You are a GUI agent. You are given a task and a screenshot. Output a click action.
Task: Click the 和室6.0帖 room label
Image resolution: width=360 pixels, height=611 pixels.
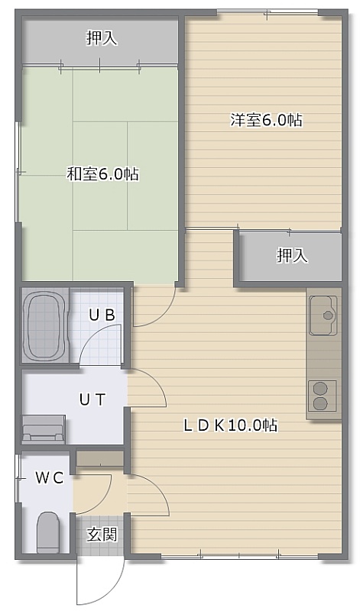103,173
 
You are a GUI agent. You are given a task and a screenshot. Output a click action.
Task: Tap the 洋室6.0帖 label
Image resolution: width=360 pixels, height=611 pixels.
266,120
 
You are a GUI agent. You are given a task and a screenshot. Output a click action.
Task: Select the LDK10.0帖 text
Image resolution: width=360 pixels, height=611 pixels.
231,425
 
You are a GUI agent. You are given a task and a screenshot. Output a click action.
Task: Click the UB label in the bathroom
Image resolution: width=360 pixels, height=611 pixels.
102,315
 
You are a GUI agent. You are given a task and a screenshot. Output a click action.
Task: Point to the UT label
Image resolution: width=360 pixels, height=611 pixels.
92,399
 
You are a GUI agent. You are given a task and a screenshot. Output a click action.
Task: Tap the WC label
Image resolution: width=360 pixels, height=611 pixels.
50,478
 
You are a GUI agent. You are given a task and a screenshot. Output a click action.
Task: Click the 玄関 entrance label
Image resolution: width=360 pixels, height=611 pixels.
102,534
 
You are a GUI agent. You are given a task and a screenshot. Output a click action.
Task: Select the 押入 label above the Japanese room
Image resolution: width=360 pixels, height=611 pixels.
102,38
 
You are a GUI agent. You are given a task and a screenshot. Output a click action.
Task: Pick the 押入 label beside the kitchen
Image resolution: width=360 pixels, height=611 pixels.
293,256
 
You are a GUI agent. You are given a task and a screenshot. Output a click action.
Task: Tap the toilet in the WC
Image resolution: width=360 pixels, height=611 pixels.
48,532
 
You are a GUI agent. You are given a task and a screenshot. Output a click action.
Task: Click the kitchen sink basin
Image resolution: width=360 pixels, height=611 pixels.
323,315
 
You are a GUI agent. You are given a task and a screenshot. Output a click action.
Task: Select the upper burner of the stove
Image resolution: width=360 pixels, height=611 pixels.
319,389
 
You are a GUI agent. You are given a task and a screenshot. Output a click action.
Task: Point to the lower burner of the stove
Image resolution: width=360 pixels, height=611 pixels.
319,403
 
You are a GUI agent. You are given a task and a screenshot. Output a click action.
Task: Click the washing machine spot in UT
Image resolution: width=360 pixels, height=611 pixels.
44,429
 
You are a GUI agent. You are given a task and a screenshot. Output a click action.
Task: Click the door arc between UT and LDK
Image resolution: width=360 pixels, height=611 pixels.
156,381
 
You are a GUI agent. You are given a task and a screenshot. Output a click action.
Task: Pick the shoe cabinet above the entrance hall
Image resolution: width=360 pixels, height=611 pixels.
100,459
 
